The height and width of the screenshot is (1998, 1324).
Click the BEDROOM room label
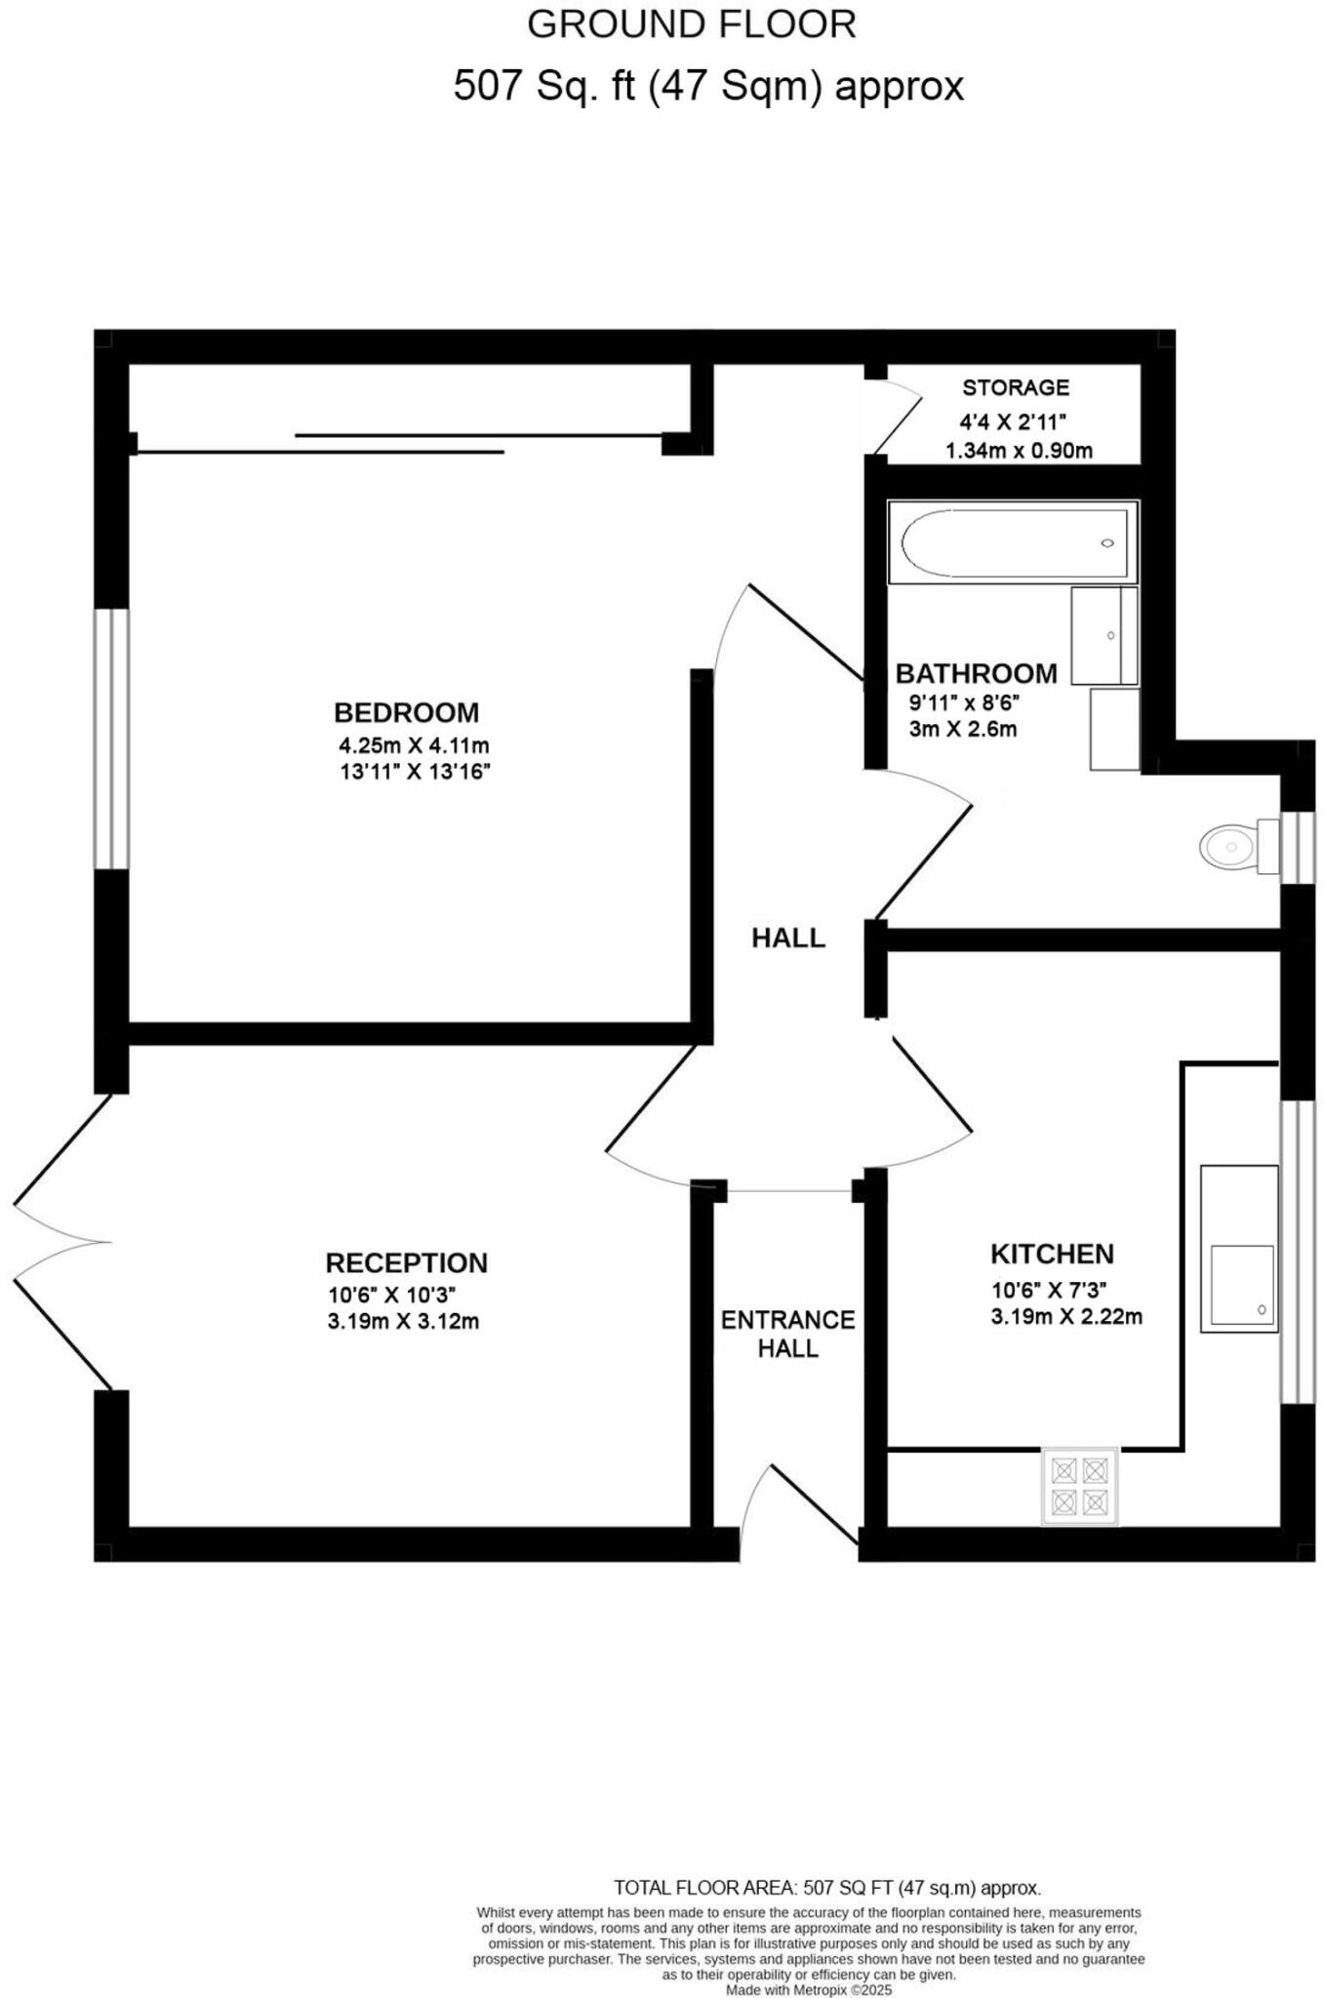(x=406, y=712)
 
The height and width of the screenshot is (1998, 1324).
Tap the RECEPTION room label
(x=406, y=1262)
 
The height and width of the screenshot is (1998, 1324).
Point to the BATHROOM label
(x=976, y=673)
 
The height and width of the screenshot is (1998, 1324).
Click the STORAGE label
(x=1016, y=387)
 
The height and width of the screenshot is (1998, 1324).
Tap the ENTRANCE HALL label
(x=787, y=1334)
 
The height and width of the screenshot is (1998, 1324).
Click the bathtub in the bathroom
(x=1013, y=543)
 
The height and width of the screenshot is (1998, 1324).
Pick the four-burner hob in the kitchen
(x=1080, y=1487)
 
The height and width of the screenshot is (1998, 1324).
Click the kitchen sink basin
(x=1242, y=1284)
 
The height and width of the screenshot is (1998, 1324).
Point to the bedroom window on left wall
(x=111, y=739)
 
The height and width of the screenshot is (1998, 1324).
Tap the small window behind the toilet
(x=1297, y=847)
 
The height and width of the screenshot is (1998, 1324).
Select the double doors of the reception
(x=59, y=1241)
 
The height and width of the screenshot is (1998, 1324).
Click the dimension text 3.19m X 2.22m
(x=1065, y=1316)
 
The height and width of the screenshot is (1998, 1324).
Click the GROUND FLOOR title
(x=691, y=25)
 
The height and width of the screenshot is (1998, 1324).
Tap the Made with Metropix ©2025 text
(x=808, y=1990)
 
